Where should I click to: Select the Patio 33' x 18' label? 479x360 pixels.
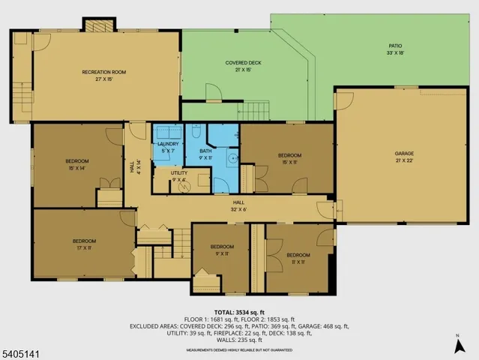pyautogui.click(x=394, y=50)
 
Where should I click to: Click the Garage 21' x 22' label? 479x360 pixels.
pyautogui.click(x=404, y=157)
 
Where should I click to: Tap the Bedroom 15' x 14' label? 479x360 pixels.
pyautogui.click(x=76, y=164)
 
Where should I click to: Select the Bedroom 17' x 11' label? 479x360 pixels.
pyautogui.click(x=84, y=244)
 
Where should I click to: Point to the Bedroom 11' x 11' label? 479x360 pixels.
pyautogui.click(x=298, y=257)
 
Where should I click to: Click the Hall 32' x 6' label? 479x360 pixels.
pyautogui.click(x=239, y=205)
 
